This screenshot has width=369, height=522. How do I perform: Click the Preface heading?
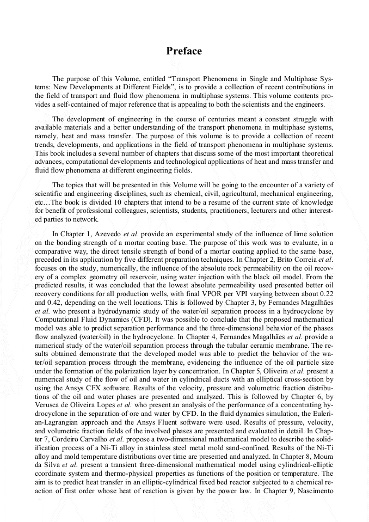pos(184,51)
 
